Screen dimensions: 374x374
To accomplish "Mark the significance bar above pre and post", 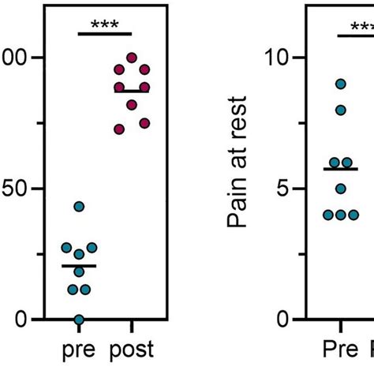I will [105, 34].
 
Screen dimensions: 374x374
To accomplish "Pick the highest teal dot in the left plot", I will [79, 207].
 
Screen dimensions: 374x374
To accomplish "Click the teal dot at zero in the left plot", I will [79, 320].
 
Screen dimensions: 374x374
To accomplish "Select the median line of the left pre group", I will [79, 266].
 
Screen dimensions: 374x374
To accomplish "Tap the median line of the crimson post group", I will [132, 91].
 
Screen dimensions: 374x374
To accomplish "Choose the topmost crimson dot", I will [132, 58].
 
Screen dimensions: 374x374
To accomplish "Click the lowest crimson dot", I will [119, 129].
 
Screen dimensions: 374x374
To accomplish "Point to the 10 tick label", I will [277, 58].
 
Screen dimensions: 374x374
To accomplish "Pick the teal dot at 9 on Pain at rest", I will [340, 84].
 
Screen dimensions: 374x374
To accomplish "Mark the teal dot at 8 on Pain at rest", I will [340, 110].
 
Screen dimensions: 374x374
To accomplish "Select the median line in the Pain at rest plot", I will [340, 169].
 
